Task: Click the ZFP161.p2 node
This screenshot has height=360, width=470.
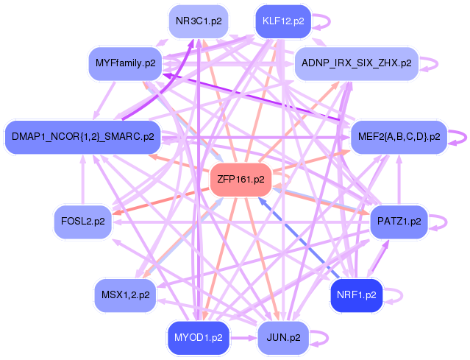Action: click(x=241, y=179)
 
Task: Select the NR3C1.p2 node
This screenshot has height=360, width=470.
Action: click(x=197, y=21)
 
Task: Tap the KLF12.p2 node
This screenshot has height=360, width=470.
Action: click(x=282, y=21)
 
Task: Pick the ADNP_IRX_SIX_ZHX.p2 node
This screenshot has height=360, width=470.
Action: click(x=356, y=63)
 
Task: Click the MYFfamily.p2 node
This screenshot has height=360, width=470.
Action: click(x=126, y=63)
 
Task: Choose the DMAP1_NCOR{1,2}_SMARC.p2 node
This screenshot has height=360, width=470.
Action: click(x=82, y=136)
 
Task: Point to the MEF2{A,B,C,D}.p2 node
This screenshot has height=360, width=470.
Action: click(x=399, y=136)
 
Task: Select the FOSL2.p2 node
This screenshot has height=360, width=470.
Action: click(x=82, y=220)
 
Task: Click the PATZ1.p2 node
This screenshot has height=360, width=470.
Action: click(x=399, y=220)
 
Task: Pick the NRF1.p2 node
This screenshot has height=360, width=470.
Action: click(x=356, y=294)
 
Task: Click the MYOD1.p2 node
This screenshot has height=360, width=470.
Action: click(x=197, y=337)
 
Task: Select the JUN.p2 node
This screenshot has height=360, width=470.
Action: click(x=282, y=337)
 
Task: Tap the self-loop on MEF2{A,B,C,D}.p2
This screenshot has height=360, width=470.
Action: click(x=462, y=136)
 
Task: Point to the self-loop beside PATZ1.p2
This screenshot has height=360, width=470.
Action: click(x=439, y=220)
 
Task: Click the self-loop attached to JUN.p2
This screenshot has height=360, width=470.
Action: click(x=323, y=337)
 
